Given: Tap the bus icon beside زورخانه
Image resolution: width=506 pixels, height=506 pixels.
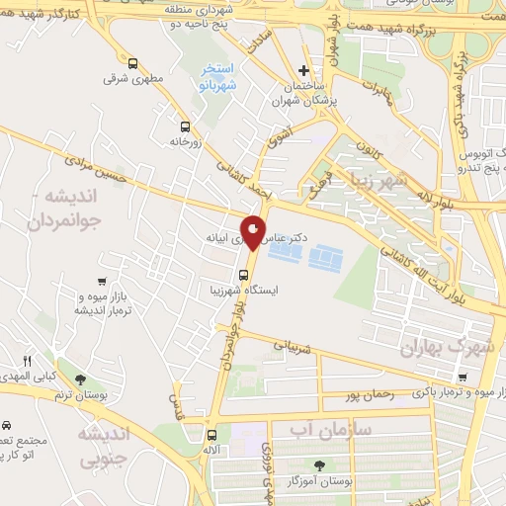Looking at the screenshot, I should [185, 126].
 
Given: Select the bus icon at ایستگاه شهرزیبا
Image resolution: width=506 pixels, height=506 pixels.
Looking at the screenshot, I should [243, 275].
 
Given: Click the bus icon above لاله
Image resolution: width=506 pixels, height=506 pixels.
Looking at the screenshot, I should [211, 434].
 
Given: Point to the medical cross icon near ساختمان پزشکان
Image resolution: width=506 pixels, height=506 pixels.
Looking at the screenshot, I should [304, 70].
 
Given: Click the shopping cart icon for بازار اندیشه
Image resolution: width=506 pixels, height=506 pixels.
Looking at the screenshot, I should [104, 281].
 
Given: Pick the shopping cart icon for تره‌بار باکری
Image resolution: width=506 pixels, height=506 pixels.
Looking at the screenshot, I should [463, 376].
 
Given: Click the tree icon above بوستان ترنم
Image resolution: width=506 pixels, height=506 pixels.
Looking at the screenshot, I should [80, 379].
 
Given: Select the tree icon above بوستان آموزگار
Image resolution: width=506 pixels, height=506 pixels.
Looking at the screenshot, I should [318, 464].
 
